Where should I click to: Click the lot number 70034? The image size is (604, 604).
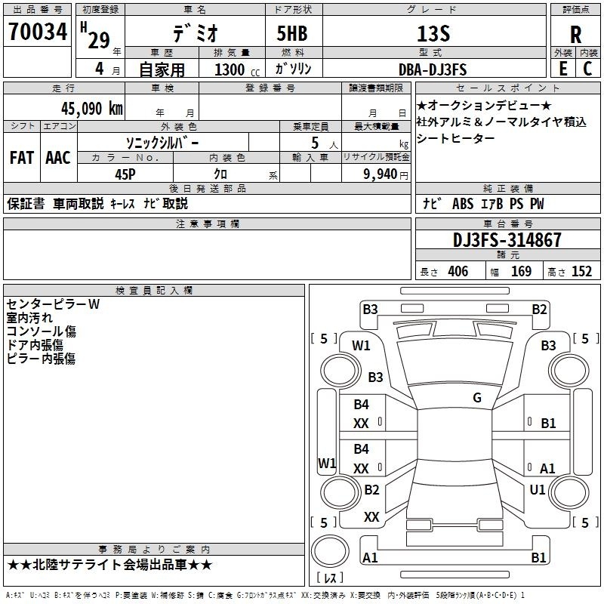pyautogui.click(x=38, y=32)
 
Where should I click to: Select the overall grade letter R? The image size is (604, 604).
pyautogui.click(x=575, y=35)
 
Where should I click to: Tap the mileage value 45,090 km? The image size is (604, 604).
pyautogui.click(x=91, y=109)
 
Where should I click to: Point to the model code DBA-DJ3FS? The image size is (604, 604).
pyautogui.click(x=433, y=69)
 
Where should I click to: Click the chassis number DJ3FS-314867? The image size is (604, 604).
pyautogui.click(x=507, y=240)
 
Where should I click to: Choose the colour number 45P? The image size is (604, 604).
pyautogui.click(x=125, y=174)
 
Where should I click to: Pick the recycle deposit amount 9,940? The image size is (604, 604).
pyautogui.click(x=381, y=174)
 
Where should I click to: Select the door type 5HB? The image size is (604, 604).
pyautogui.click(x=292, y=33)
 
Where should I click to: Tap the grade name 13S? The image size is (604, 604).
pyautogui.click(x=433, y=34)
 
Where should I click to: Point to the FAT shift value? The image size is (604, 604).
pyautogui.click(x=22, y=158)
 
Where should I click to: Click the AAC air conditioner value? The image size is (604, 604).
pyautogui.click(x=58, y=158)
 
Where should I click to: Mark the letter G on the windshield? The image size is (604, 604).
pyautogui.click(x=477, y=397)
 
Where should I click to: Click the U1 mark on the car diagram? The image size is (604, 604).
pyautogui.click(x=538, y=489)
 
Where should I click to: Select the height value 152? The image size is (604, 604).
pyautogui.click(x=581, y=271)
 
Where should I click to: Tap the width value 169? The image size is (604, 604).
pyautogui.click(x=521, y=271)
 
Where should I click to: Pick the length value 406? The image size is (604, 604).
pyautogui.click(x=458, y=271)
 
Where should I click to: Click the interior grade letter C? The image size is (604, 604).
pyautogui.click(x=587, y=69)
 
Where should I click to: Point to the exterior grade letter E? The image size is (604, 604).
pyautogui.click(x=562, y=69)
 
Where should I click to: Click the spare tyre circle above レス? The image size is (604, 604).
pyautogui.click(x=330, y=551)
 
